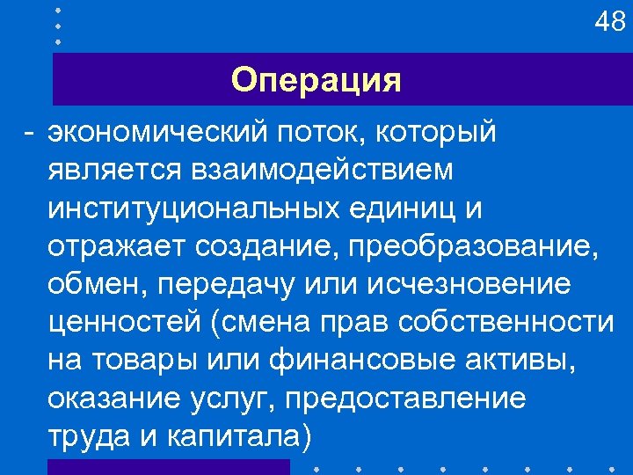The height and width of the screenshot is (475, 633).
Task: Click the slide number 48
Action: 609,22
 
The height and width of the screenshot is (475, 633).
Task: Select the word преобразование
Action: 474,247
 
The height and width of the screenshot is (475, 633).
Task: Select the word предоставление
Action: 405,399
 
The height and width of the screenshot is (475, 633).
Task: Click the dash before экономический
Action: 30,134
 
